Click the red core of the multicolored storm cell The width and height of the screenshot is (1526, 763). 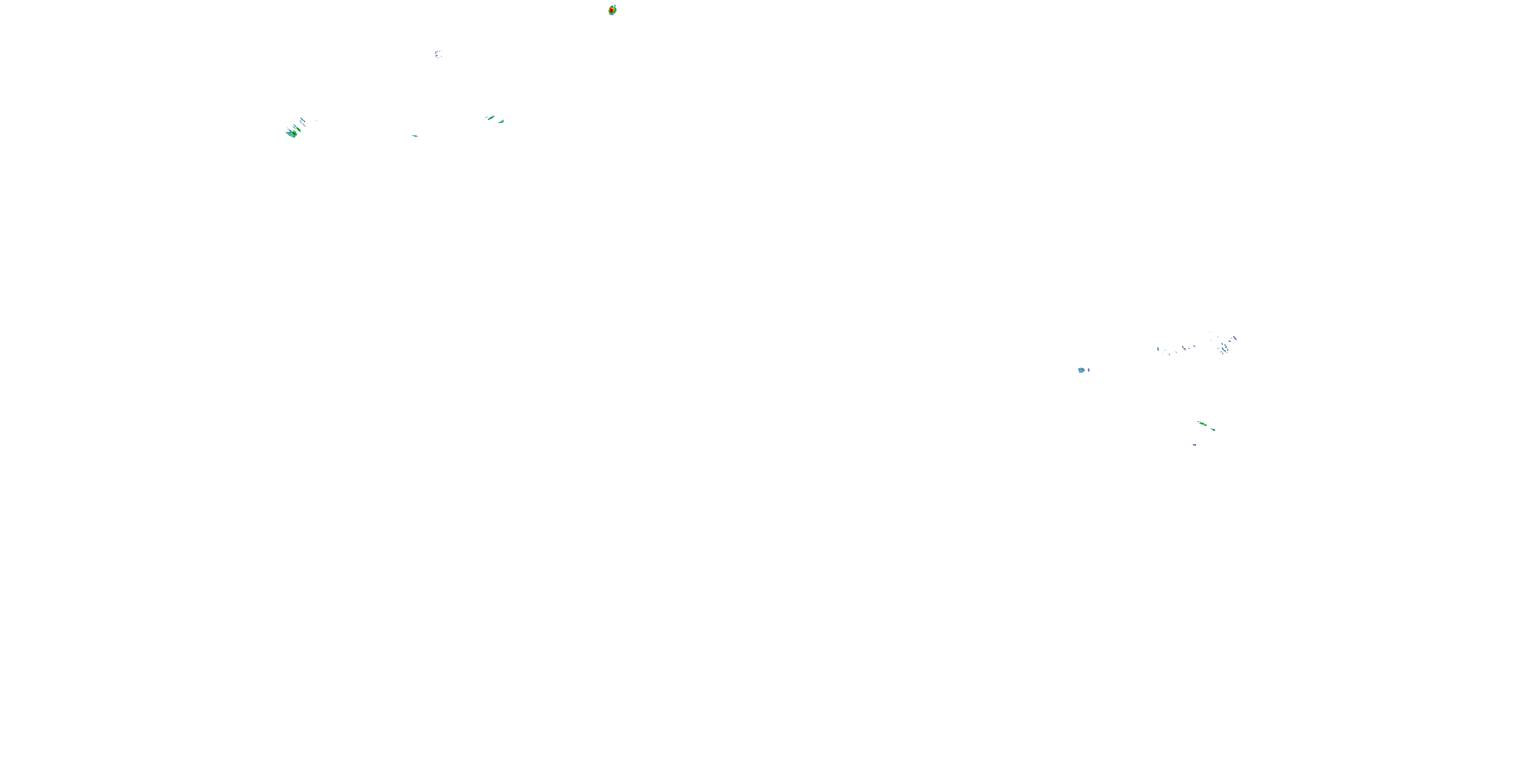[611, 11]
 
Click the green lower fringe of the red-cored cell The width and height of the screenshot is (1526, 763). [611, 14]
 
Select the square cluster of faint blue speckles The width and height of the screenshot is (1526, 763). [438, 54]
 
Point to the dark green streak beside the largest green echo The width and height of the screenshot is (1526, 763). [299, 129]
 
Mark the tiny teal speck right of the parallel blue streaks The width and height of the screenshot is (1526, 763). [316, 121]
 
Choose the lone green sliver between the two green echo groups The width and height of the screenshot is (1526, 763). [415, 136]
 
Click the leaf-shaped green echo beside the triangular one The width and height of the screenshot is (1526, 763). [490, 118]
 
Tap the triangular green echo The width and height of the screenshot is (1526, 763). [501, 122]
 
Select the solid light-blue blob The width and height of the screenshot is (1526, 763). [1081, 370]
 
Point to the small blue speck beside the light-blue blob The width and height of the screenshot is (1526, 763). [1088, 370]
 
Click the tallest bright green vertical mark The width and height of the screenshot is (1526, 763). [1158, 349]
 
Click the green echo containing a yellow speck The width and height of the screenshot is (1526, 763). [1202, 424]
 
